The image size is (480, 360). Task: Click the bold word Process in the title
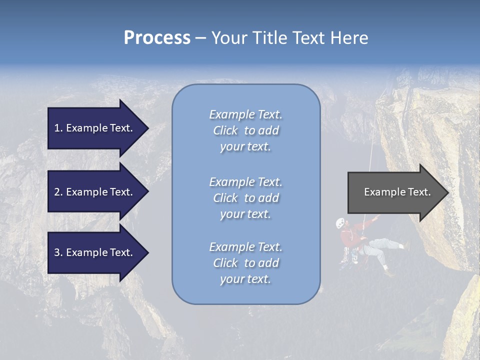pyautogui.click(x=157, y=38)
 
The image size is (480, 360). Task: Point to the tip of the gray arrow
pyautogui.click(x=447, y=192)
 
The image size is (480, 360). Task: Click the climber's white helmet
pyautogui.click(x=340, y=223)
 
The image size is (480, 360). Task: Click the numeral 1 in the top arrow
pyautogui.click(x=57, y=128)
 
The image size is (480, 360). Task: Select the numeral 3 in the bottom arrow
pyautogui.click(x=57, y=252)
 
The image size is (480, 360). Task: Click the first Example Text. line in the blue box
pyautogui.click(x=245, y=114)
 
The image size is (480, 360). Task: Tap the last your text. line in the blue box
pyautogui.click(x=245, y=279)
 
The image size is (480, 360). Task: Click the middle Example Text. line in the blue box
pyautogui.click(x=245, y=182)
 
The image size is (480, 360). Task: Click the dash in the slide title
pyautogui.click(x=200, y=38)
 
